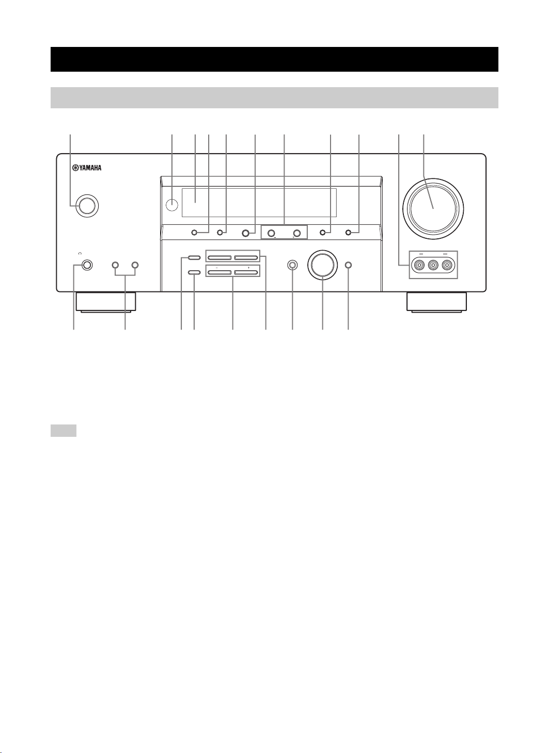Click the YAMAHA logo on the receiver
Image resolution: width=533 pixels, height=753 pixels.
point(87,167)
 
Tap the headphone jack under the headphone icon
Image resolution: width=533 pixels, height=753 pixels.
point(86,265)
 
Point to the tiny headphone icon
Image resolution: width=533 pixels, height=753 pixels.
point(80,254)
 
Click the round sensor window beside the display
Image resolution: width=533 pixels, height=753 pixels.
point(173,205)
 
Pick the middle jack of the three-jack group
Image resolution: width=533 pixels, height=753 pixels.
point(433,265)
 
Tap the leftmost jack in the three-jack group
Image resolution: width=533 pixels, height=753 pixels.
point(418,265)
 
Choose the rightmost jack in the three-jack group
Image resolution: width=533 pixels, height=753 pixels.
point(447,265)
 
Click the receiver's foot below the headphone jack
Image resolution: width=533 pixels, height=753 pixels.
point(106,302)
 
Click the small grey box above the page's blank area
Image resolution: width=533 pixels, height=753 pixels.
point(64,431)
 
